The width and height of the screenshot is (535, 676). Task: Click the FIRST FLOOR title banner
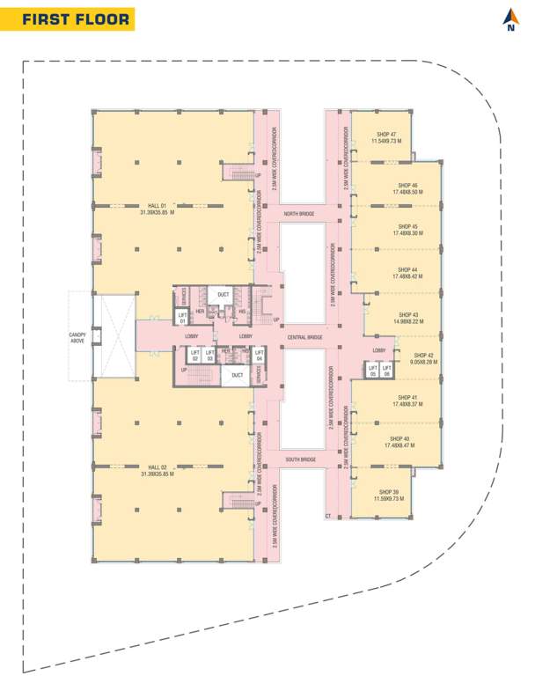click(76, 19)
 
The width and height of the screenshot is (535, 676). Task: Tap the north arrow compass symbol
click(510, 19)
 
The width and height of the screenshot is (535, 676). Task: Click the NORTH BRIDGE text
click(298, 214)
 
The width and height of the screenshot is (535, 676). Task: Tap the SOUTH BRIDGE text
click(300, 460)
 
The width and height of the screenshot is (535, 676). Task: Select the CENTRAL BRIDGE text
click(304, 337)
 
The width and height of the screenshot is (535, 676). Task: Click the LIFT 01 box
click(183, 317)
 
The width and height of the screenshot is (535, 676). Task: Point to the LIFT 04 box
click(259, 356)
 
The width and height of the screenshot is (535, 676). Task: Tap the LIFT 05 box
click(372, 371)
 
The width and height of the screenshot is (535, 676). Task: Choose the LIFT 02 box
click(195, 356)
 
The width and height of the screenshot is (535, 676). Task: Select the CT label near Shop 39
click(327, 515)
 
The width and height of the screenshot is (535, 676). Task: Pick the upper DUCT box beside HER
click(224, 294)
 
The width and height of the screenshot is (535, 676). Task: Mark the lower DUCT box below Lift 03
click(237, 375)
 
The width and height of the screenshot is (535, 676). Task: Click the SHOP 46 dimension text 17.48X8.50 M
click(407, 191)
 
